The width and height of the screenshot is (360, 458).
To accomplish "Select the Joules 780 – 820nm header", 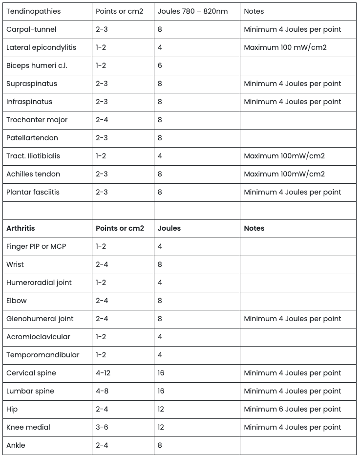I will click(x=192, y=11).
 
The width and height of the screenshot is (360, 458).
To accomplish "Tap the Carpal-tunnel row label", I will click(x=31, y=29).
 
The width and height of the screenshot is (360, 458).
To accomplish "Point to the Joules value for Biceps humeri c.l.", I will click(x=160, y=65).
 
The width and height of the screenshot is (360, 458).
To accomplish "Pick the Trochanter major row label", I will click(x=37, y=120).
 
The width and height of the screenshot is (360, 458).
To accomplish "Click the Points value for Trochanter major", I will click(x=102, y=120).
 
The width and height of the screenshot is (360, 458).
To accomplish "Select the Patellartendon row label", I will click(x=32, y=138).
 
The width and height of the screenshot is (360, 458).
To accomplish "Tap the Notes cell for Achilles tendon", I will click(x=284, y=174).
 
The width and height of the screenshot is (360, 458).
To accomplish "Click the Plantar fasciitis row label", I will click(x=33, y=192).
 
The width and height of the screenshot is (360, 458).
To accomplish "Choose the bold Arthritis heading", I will click(x=21, y=228).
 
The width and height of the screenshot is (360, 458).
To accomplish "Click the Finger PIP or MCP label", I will click(x=36, y=246).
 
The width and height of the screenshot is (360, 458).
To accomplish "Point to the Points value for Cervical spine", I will click(x=103, y=373).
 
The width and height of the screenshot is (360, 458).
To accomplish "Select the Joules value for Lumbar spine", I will click(x=161, y=391).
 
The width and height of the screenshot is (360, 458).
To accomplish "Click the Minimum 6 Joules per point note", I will click(x=292, y=409).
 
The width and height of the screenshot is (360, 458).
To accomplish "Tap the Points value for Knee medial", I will click(x=102, y=427).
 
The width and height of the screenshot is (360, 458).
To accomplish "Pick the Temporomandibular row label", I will click(x=42, y=355).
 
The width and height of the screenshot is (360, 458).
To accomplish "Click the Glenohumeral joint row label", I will click(x=40, y=319).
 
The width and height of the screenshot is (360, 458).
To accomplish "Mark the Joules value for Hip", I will click(x=161, y=409).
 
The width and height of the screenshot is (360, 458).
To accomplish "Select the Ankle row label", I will click(x=16, y=445).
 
